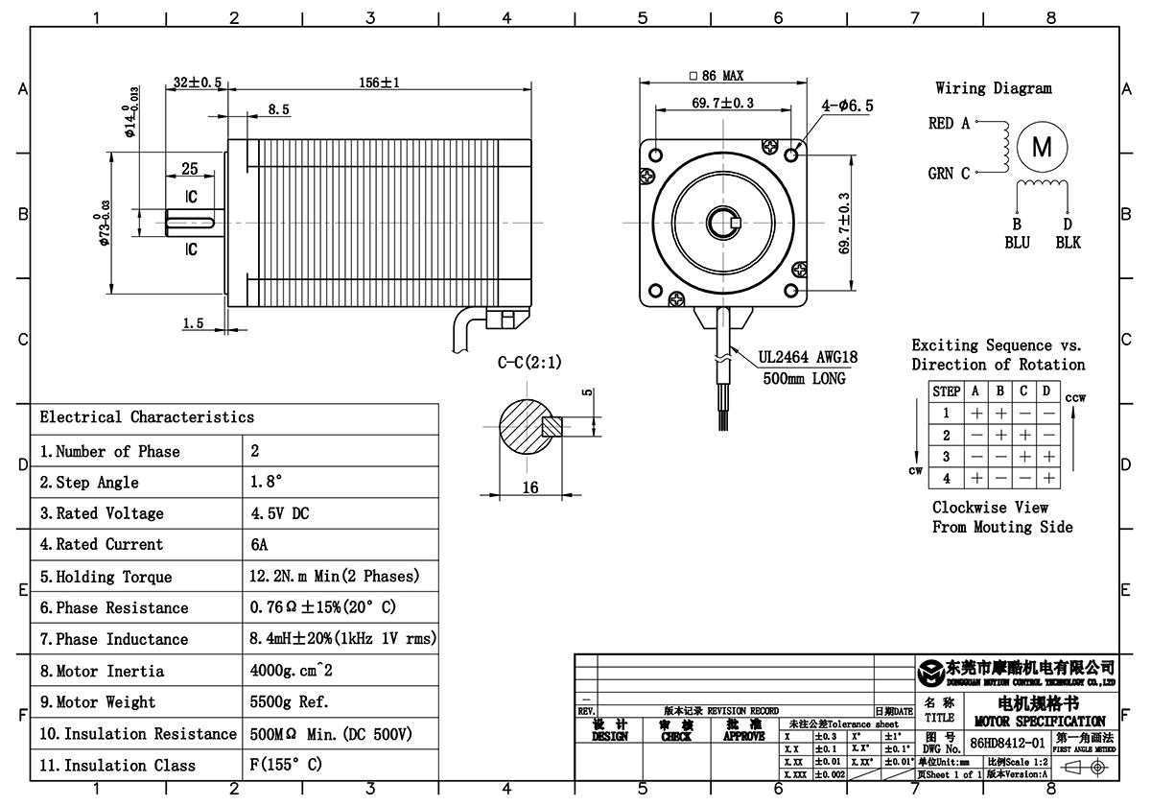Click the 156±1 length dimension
click(x=379, y=83)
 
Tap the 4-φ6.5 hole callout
click(x=847, y=107)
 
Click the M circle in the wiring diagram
click(x=1042, y=147)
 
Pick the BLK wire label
click(x=1068, y=243)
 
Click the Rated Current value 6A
click(x=259, y=544)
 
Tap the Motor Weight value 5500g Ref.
click(x=289, y=701)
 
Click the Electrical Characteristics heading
click(x=147, y=416)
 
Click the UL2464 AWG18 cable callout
click(x=808, y=357)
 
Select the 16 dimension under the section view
click(x=529, y=487)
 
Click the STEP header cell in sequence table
click(x=947, y=391)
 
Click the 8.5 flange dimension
click(x=278, y=110)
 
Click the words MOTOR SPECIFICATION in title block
click(x=1039, y=722)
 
